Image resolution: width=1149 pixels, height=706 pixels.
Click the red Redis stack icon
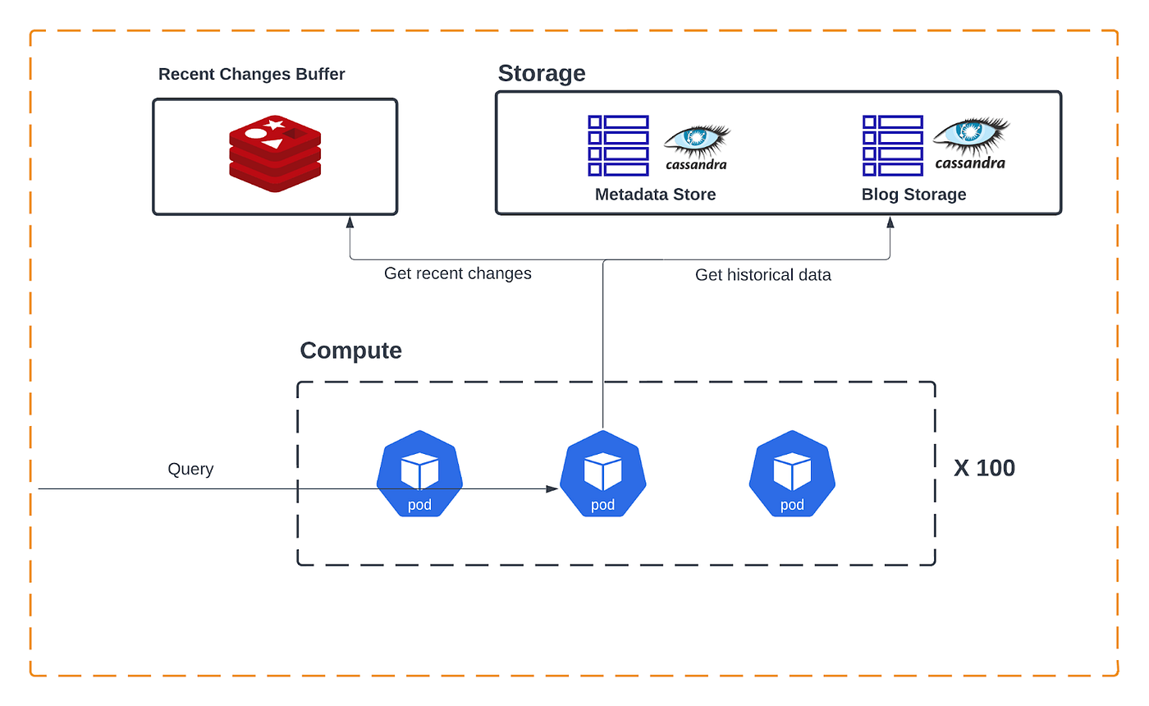click(273, 153)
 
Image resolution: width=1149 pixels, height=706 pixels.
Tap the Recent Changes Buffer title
click(251, 75)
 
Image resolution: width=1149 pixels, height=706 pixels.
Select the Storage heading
click(542, 73)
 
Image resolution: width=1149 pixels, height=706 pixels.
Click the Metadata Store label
click(655, 195)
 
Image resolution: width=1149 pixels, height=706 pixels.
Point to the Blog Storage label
click(913, 195)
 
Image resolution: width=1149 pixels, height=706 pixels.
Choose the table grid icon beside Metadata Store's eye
click(618, 145)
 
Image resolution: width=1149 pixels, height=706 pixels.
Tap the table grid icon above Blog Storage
click(893, 145)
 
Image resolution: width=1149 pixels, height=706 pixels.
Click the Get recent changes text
click(457, 273)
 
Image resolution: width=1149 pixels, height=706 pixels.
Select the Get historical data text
click(762, 275)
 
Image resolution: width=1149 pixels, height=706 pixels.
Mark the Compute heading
click(350, 351)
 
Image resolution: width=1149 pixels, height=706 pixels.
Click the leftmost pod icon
click(419, 474)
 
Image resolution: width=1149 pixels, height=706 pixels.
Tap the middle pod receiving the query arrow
click(602, 474)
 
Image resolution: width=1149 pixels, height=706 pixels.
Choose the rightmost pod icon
click(792, 474)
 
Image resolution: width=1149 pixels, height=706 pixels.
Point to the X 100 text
click(984, 468)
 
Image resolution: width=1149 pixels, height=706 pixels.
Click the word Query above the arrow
click(190, 469)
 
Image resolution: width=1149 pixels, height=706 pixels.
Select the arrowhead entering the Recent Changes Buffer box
click(350, 222)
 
